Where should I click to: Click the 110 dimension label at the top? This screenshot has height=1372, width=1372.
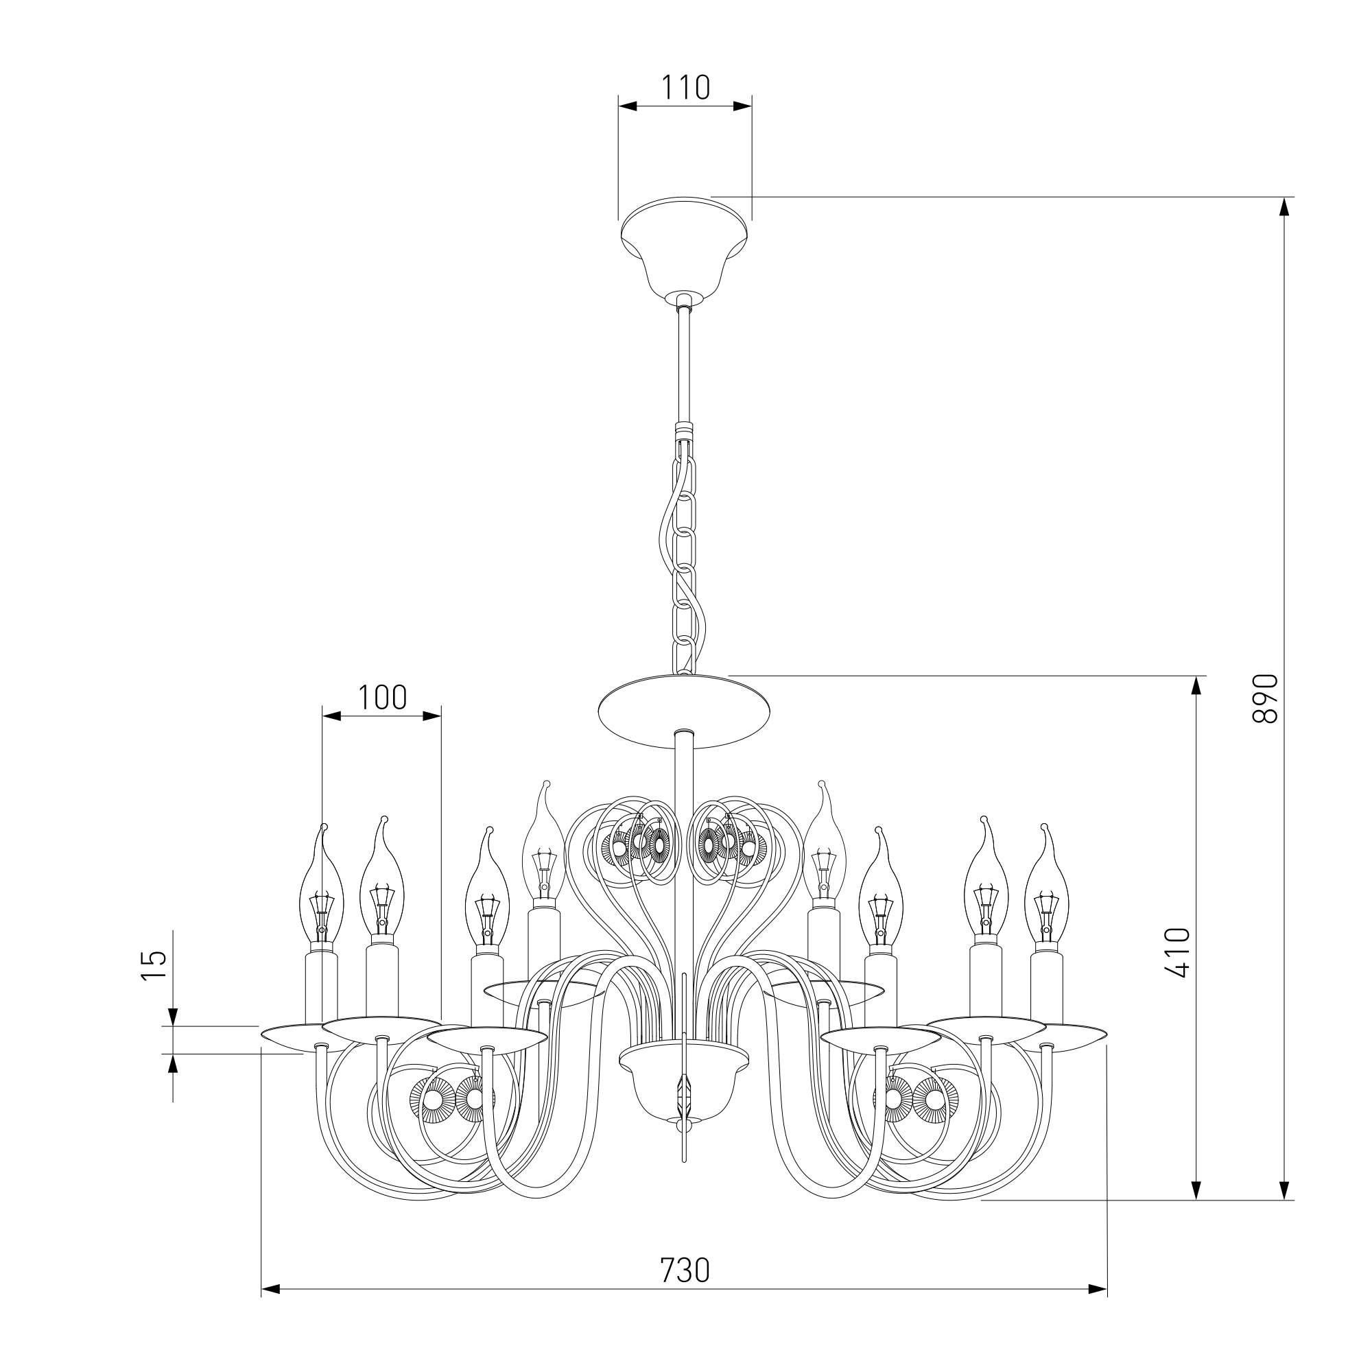pyautogui.click(x=685, y=87)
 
